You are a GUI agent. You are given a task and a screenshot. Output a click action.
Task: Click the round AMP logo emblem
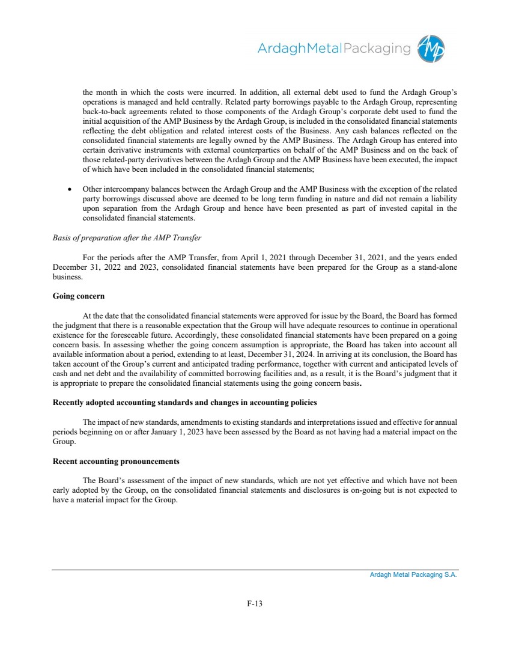[432, 48]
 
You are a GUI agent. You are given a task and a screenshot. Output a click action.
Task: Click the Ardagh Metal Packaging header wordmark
[334, 49]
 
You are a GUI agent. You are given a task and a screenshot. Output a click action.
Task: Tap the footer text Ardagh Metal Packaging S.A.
[413, 575]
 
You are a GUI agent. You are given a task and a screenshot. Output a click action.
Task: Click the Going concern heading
[79, 296]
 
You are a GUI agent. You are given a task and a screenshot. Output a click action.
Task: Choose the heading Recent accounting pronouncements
[116, 461]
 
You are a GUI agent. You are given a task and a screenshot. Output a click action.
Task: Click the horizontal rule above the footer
[255, 570]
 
